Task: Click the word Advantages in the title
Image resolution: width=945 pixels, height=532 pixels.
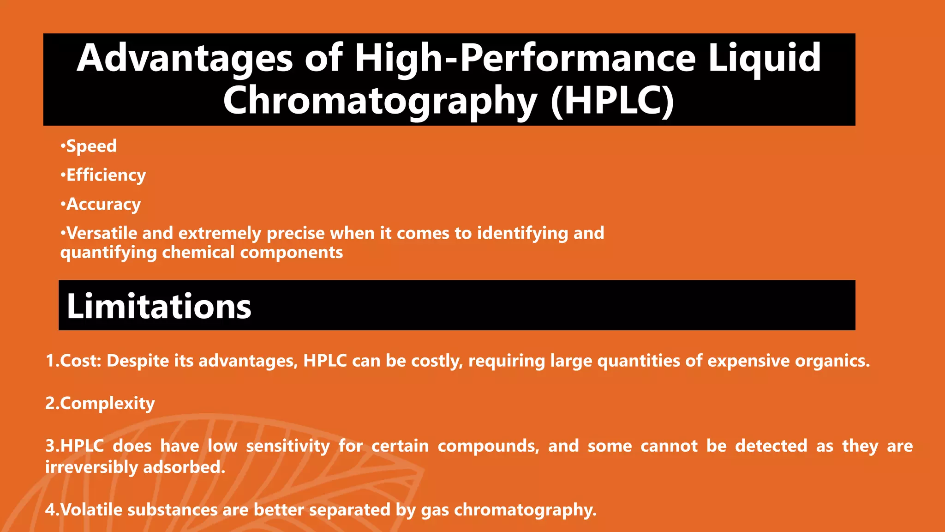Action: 185,58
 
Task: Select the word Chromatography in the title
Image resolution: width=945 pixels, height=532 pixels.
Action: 380,102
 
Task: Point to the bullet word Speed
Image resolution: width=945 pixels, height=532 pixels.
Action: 91,146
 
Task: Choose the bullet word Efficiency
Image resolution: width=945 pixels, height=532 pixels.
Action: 106,175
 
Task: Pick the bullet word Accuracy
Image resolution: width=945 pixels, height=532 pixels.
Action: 103,204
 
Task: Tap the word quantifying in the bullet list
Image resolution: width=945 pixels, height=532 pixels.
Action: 108,253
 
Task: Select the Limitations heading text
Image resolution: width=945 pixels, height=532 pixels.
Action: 159,306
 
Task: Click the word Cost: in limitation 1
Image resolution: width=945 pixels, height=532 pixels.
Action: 81,361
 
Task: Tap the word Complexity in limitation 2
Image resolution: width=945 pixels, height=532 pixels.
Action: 108,404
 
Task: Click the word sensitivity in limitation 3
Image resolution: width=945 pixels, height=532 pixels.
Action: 288,446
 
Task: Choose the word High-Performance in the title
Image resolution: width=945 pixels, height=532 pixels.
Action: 525,58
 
